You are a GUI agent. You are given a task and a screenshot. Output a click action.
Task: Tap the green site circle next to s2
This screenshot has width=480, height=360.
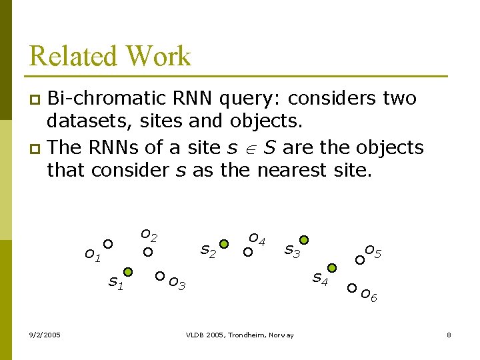click(225, 244)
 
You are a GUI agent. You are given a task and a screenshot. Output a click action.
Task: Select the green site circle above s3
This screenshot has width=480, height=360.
click(303, 240)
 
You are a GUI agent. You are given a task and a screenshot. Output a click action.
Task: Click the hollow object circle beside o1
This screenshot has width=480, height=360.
click(107, 244)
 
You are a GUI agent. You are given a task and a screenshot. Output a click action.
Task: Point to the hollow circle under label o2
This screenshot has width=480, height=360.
click(149, 252)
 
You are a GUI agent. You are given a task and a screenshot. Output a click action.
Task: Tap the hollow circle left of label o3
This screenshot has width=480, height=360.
click(159, 275)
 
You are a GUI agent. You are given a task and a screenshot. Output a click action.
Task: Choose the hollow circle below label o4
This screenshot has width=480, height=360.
click(247, 252)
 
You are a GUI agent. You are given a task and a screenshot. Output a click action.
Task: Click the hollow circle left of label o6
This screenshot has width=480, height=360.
click(351, 289)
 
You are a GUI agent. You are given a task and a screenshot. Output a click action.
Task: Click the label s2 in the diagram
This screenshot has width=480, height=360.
click(209, 251)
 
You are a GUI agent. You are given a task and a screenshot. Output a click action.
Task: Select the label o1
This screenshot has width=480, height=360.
click(92, 255)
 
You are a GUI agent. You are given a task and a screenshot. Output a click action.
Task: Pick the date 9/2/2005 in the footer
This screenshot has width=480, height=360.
click(45, 335)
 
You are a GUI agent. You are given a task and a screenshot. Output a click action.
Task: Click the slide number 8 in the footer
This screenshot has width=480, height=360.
click(449, 335)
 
